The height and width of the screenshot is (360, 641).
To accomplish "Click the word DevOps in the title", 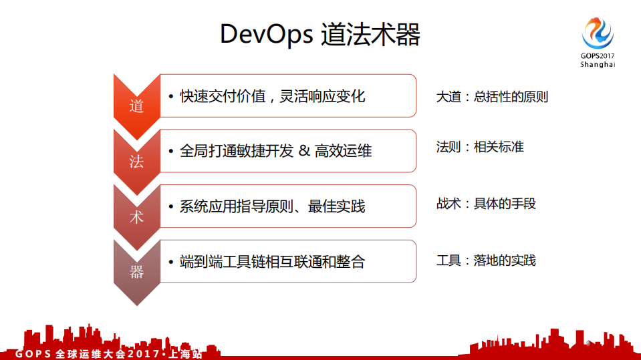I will [x=266, y=34].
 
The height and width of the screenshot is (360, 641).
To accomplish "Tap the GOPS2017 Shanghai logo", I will [x=597, y=41].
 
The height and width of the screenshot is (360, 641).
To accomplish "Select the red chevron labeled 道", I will [x=136, y=105].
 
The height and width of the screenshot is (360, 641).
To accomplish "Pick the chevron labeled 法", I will [x=136, y=160].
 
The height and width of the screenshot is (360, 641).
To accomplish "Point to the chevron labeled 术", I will [x=136, y=216].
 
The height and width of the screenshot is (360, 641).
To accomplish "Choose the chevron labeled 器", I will [x=136, y=271].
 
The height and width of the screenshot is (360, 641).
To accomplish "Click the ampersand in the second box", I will [x=304, y=151].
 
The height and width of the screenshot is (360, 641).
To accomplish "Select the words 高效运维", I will [x=343, y=151].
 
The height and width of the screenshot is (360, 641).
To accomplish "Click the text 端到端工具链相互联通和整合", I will [x=272, y=261].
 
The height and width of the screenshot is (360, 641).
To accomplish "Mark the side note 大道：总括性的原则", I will [x=492, y=96].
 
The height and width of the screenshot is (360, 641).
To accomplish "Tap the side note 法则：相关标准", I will [x=479, y=147].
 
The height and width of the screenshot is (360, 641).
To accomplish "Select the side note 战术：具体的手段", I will [x=486, y=204].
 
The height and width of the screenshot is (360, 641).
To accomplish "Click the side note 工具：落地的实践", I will [x=486, y=260].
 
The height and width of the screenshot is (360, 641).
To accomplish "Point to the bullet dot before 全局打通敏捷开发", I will [x=172, y=152].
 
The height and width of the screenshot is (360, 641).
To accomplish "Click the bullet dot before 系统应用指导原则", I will [x=172, y=207].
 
